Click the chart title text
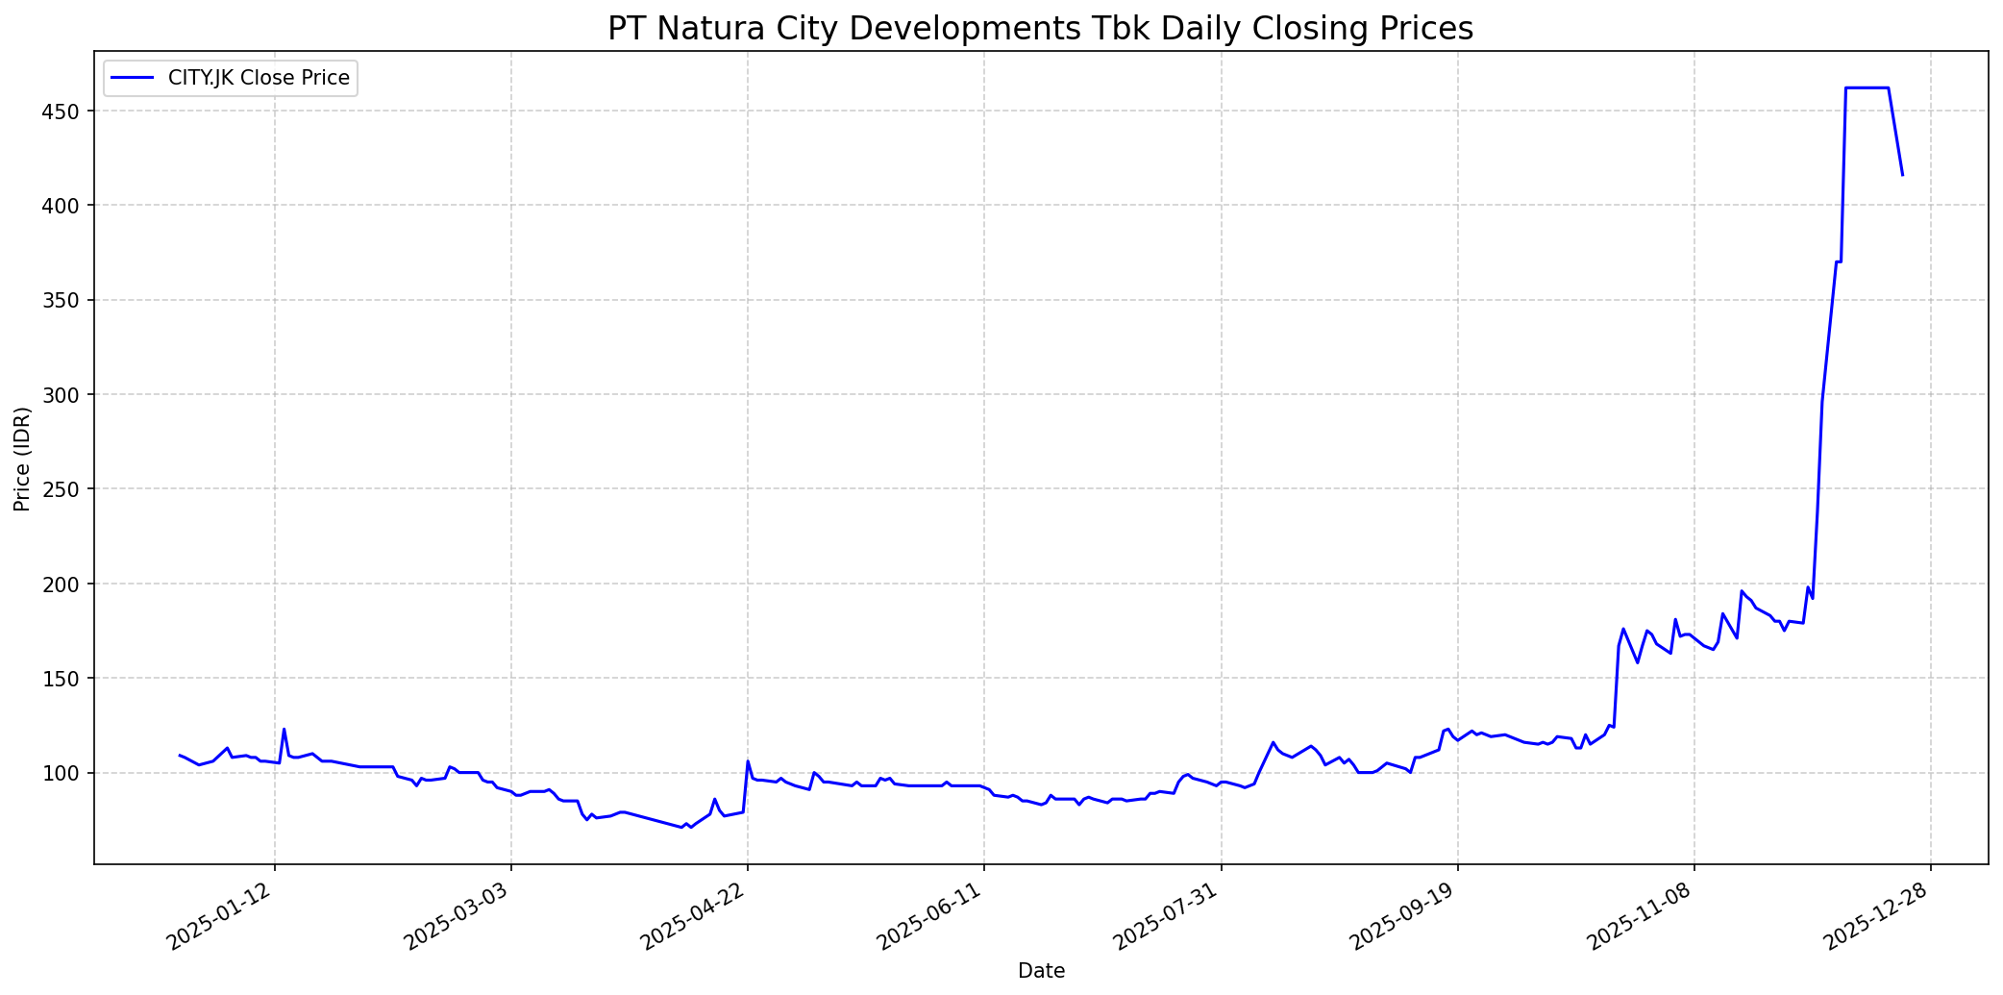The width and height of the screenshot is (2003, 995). [1040, 29]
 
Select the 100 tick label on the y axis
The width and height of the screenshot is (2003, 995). [71, 773]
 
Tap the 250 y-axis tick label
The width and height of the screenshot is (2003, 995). [71, 489]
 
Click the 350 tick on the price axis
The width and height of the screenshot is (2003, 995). [71, 300]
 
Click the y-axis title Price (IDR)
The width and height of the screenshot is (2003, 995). [22, 459]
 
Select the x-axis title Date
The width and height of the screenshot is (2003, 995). [1041, 971]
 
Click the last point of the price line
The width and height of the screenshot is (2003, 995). [1902, 175]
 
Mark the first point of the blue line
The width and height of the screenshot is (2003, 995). [180, 755]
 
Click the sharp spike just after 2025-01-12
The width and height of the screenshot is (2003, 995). [284, 729]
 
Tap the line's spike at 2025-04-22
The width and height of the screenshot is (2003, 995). [748, 761]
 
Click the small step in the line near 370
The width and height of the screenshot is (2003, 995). [1839, 261]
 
